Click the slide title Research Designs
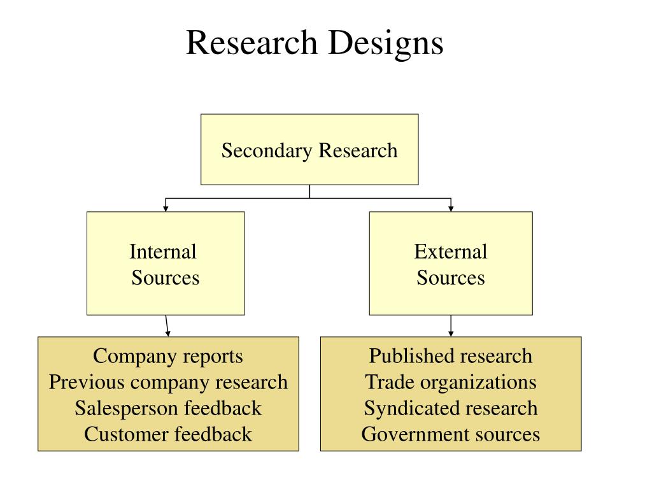(x=315, y=43)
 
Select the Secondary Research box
(x=309, y=150)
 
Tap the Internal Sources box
(x=166, y=264)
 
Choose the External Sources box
(x=451, y=264)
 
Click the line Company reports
(x=168, y=356)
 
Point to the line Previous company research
(x=168, y=382)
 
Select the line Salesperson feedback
(x=168, y=408)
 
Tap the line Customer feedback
(x=168, y=434)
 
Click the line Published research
(x=451, y=356)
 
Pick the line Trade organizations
(x=451, y=382)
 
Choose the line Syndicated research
(x=451, y=408)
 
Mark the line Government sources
(x=451, y=434)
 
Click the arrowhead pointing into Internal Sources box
(x=166, y=208)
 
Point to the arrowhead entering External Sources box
(x=451, y=208)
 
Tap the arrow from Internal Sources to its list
(x=167, y=326)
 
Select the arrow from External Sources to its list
(x=451, y=326)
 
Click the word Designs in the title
(x=386, y=43)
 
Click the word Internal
(x=163, y=252)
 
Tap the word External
(x=451, y=252)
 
